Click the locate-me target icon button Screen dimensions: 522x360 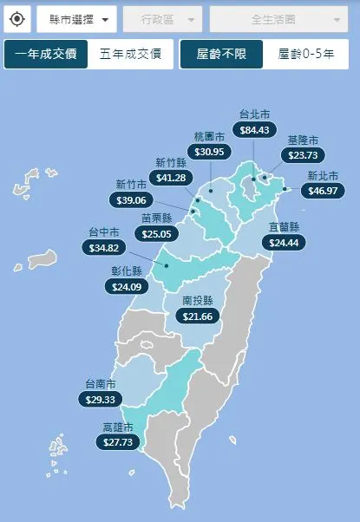pos(17,18)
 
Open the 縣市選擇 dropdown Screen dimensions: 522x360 pos(76,18)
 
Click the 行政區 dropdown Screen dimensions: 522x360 pos(162,18)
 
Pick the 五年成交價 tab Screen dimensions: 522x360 pos(130,55)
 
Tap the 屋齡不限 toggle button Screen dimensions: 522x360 pos(221,55)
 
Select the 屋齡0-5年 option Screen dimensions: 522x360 pos(305,55)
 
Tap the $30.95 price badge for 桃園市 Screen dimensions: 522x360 pos(209,152)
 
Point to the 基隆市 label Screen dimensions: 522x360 pos(303,140)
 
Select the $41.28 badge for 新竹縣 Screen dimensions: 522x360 pos(171,178)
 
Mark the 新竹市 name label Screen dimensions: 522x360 pos(131,184)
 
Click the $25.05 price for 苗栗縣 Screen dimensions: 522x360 pos(156,233)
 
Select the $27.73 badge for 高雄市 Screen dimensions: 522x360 pos(117,442)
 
